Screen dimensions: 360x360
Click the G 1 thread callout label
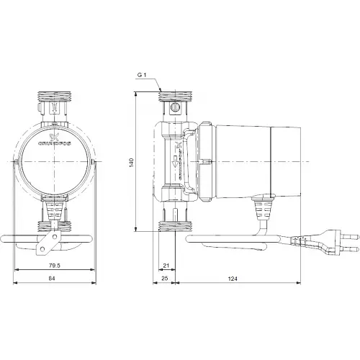pyautogui.click(x=143, y=76)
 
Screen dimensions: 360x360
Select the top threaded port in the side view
pyautogui.click(x=175, y=95)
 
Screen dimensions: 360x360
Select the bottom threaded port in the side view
pyautogui.click(x=175, y=228)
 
